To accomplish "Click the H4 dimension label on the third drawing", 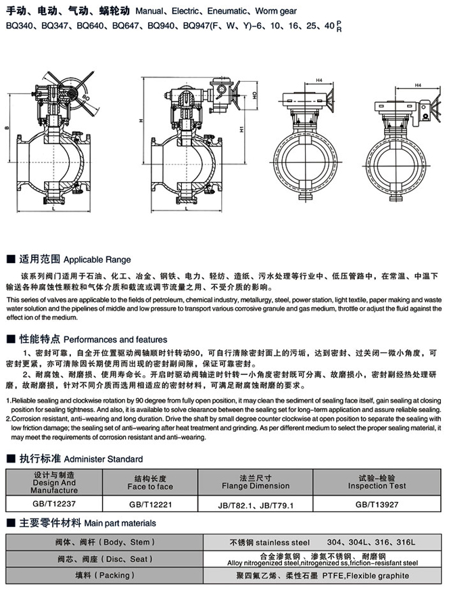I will pos(318,82).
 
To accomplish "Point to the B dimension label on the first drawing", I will pos(7,127).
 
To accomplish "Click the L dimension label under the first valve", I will pos(53,211).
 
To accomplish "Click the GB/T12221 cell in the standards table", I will pos(150,504).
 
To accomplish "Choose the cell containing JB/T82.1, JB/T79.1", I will pos(256,504).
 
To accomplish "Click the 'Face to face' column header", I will pos(150,486).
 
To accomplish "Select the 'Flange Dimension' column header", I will pos(256,486).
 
